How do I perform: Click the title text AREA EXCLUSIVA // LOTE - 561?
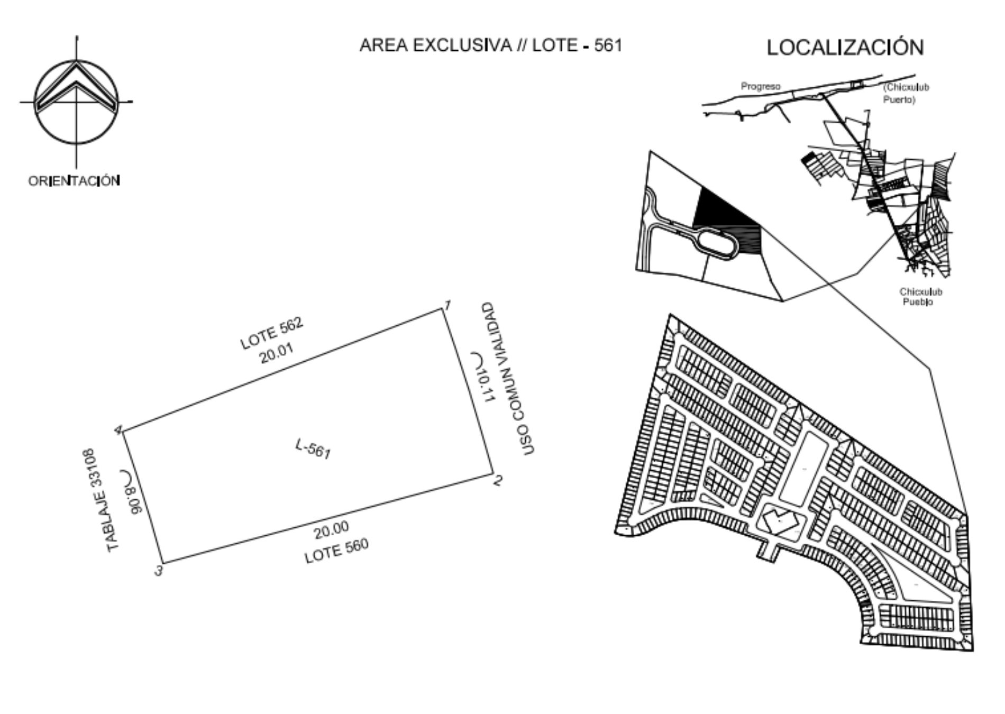coord(490,45)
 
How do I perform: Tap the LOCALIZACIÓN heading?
coord(845,48)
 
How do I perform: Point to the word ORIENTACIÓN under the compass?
coord(74,181)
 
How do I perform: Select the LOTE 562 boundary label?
coord(272,333)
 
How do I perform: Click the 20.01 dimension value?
coord(276,354)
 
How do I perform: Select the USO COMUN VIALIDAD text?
coord(508,379)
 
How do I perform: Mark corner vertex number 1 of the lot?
coord(443,309)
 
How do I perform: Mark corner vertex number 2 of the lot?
coord(492,474)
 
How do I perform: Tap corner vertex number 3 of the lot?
coord(162,564)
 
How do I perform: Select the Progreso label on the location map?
coord(760,86)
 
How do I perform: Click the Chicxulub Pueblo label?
coord(921,297)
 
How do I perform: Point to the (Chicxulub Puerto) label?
coord(906,93)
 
